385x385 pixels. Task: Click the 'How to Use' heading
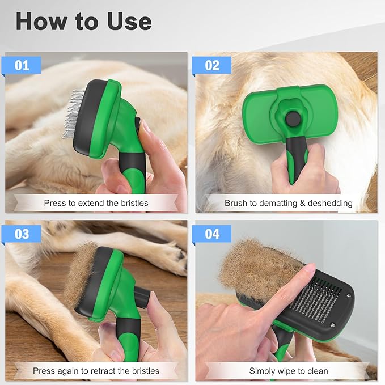point(83,22)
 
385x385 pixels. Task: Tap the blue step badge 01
point(22,65)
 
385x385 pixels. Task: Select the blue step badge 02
point(211,65)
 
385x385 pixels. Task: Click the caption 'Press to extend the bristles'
point(96,203)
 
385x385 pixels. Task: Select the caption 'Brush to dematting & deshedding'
point(288,203)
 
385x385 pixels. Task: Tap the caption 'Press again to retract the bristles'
point(96,371)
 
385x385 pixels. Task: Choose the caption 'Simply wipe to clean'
point(288,371)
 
